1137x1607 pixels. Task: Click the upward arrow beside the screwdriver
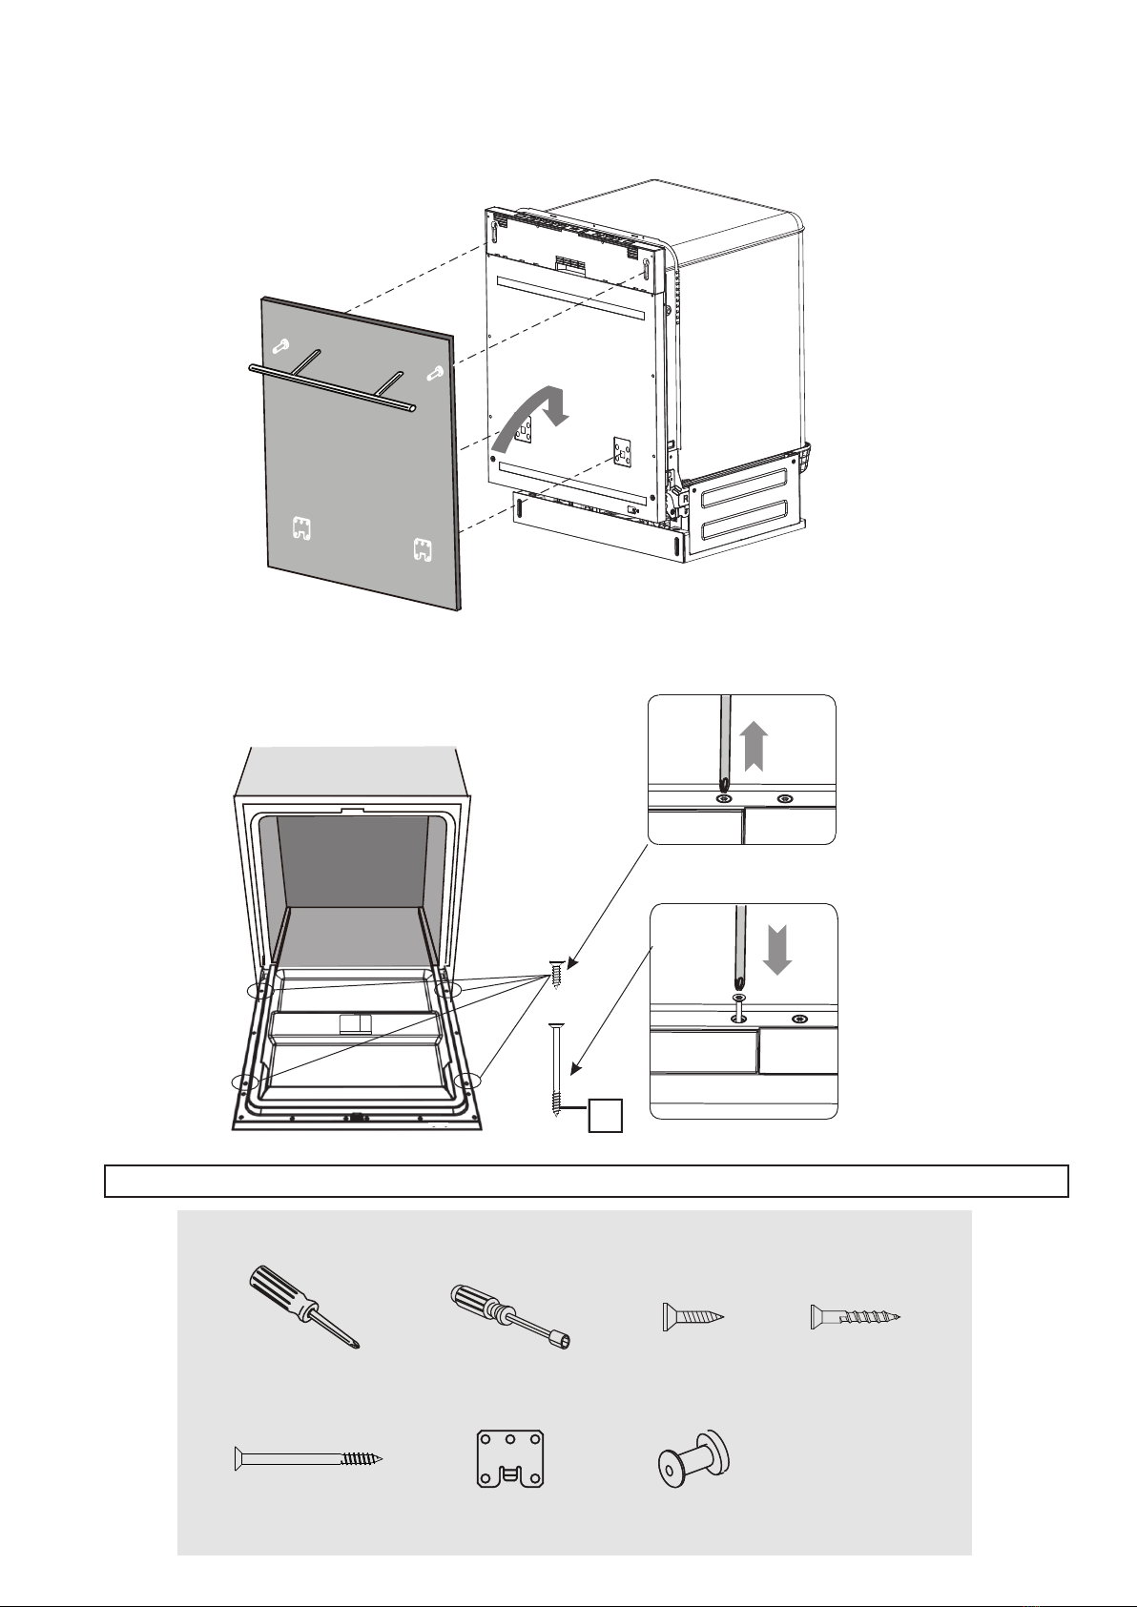(755, 745)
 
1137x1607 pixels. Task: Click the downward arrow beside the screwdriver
(777, 949)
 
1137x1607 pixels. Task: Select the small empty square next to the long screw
(606, 1115)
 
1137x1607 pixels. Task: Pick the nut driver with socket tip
(509, 1317)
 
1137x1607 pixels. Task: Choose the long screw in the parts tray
(307, 1458)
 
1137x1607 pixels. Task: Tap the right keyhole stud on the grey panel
(435, 373)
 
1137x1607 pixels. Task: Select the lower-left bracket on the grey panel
(301, 526)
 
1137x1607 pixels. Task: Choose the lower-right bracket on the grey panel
(422, 549)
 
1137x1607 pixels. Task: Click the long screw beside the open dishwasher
(556, 1068)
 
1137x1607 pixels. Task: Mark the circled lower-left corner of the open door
(246, 1082)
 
